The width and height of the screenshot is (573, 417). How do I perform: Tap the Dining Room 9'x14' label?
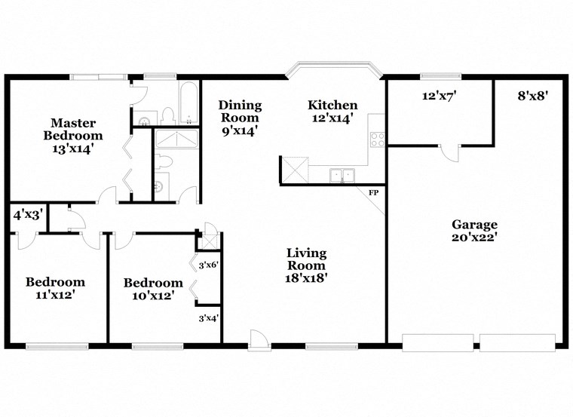tap(239, 117)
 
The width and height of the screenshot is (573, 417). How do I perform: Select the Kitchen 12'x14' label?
tap(332, 112)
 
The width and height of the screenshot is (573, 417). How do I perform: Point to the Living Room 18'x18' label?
tap(306, 265)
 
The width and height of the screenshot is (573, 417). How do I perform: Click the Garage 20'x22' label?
tap(474, 230)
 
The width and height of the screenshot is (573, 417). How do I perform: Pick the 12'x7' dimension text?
tap(440, 96)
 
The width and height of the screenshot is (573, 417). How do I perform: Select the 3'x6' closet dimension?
tap(208, 265)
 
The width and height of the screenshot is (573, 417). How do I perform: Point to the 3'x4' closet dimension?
tap(208, 318)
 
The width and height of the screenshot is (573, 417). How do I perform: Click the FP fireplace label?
tap(373, 193)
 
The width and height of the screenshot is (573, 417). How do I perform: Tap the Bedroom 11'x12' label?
tap(55, 288)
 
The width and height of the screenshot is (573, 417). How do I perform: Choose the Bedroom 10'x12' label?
tap(153, 289)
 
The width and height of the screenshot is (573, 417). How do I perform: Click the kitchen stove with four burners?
tap(377, 139)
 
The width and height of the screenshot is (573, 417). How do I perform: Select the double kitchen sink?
tap(342, 176)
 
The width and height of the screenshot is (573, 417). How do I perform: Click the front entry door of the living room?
tap(259, 340)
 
